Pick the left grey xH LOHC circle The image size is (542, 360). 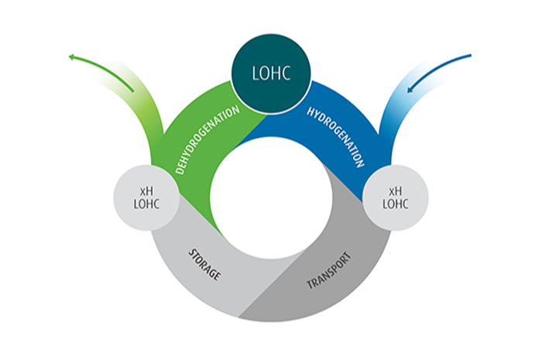coord(148,199)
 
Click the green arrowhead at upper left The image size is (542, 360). coord(72,57)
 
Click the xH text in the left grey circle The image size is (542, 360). coord(148,190)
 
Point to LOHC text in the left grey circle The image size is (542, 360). coord(148,206)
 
